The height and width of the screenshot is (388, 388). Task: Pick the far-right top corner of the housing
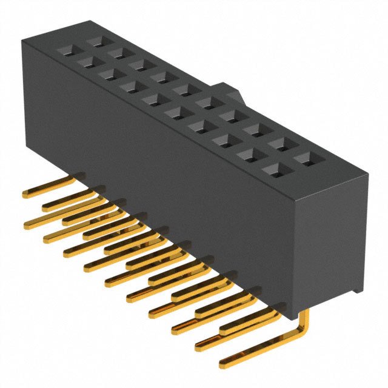coord(367,175)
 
